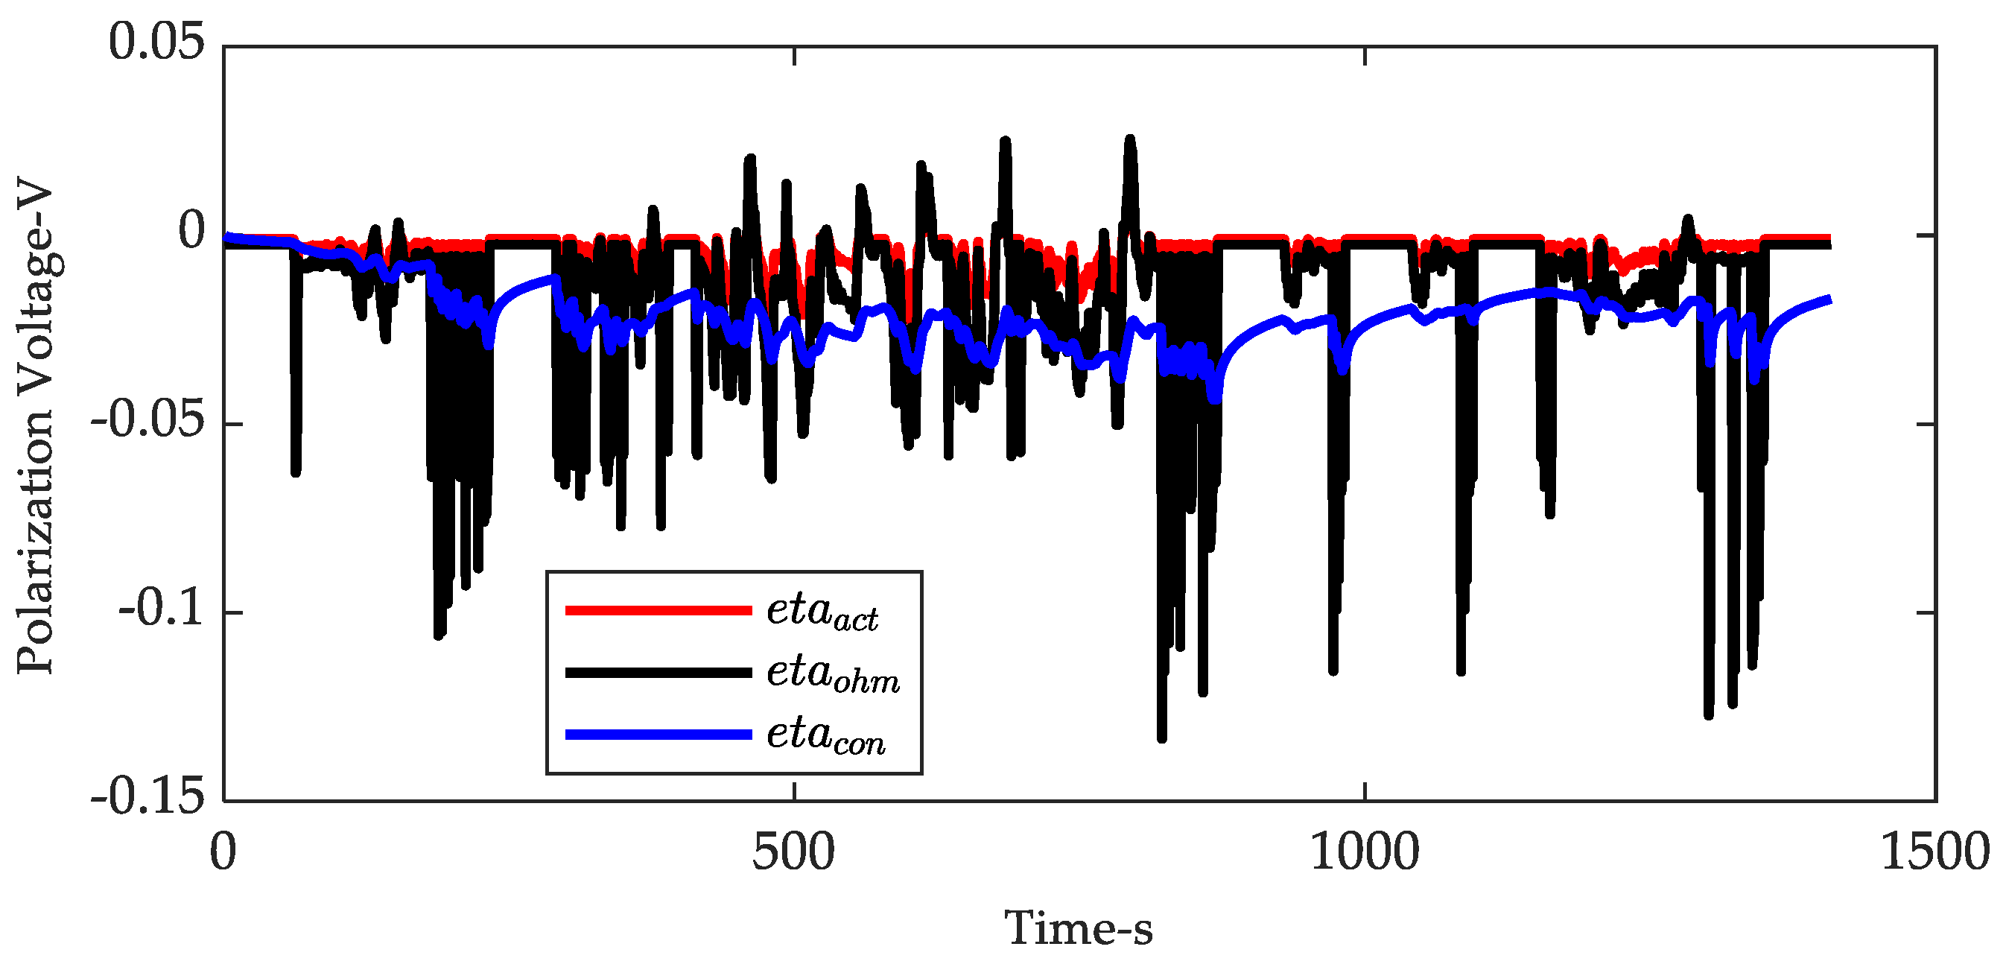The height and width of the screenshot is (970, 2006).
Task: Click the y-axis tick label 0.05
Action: pos(156,43)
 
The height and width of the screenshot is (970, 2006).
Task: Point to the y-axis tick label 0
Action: pos(191,232)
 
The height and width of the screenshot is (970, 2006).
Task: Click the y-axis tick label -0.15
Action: pos(147,798)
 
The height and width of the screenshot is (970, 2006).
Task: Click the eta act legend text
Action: pos(822,612)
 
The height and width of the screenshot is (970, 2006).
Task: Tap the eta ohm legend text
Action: pos(833,674)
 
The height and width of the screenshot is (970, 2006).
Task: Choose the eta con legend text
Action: pos(825,735)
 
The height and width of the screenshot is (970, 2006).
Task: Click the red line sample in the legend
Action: pos(658,611)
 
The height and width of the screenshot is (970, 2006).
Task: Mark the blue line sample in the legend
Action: pos(658,735)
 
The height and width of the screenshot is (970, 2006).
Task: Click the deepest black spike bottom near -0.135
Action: pos(1162,737)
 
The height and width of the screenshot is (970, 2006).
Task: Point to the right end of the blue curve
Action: pos(1829,300)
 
